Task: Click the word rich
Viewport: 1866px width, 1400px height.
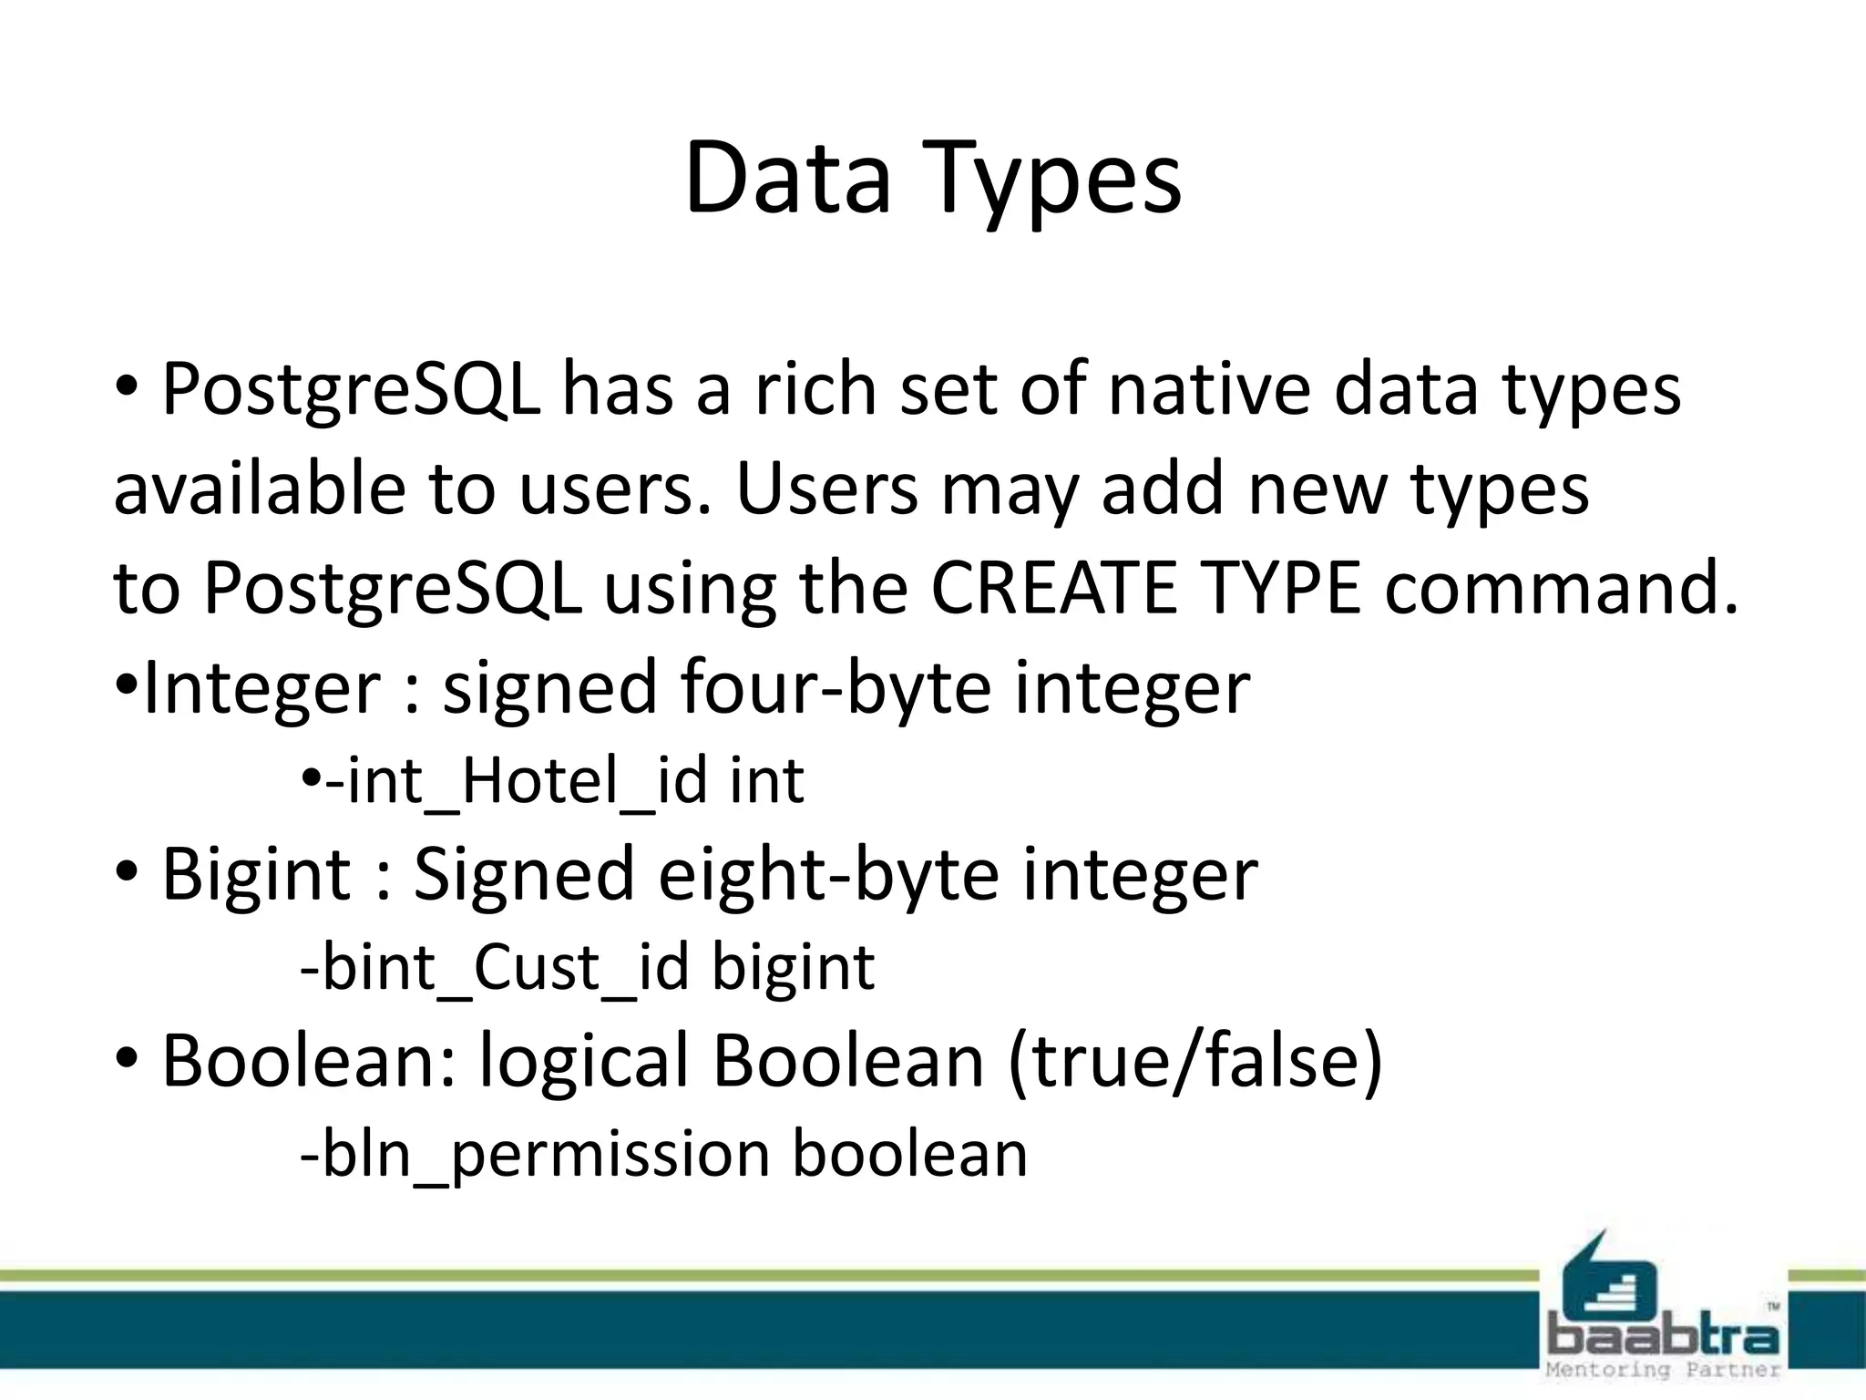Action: (815, 390)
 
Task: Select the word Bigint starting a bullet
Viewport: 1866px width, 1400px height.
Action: (256, 874)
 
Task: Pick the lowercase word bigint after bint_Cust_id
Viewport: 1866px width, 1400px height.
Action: (793, 969)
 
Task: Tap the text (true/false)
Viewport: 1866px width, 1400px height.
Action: (1195, 1062)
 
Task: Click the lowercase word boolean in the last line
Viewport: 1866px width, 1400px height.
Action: (909, 1154)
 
